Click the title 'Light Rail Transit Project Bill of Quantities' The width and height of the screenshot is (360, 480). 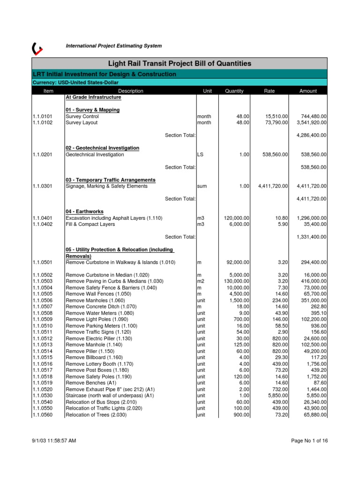[180, 63]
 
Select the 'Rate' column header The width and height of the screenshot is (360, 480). [270, 91]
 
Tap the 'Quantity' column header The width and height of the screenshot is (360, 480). [234, 91]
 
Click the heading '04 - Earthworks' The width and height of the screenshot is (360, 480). [85, 211]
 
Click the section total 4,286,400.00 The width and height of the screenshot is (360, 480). [312, 135]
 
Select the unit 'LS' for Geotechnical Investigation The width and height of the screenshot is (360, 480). [200, 154]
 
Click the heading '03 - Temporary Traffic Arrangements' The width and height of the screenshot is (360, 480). [111, 180]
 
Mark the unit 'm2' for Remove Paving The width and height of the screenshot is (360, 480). [201, 281]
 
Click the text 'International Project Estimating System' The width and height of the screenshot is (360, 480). [114, 46]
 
